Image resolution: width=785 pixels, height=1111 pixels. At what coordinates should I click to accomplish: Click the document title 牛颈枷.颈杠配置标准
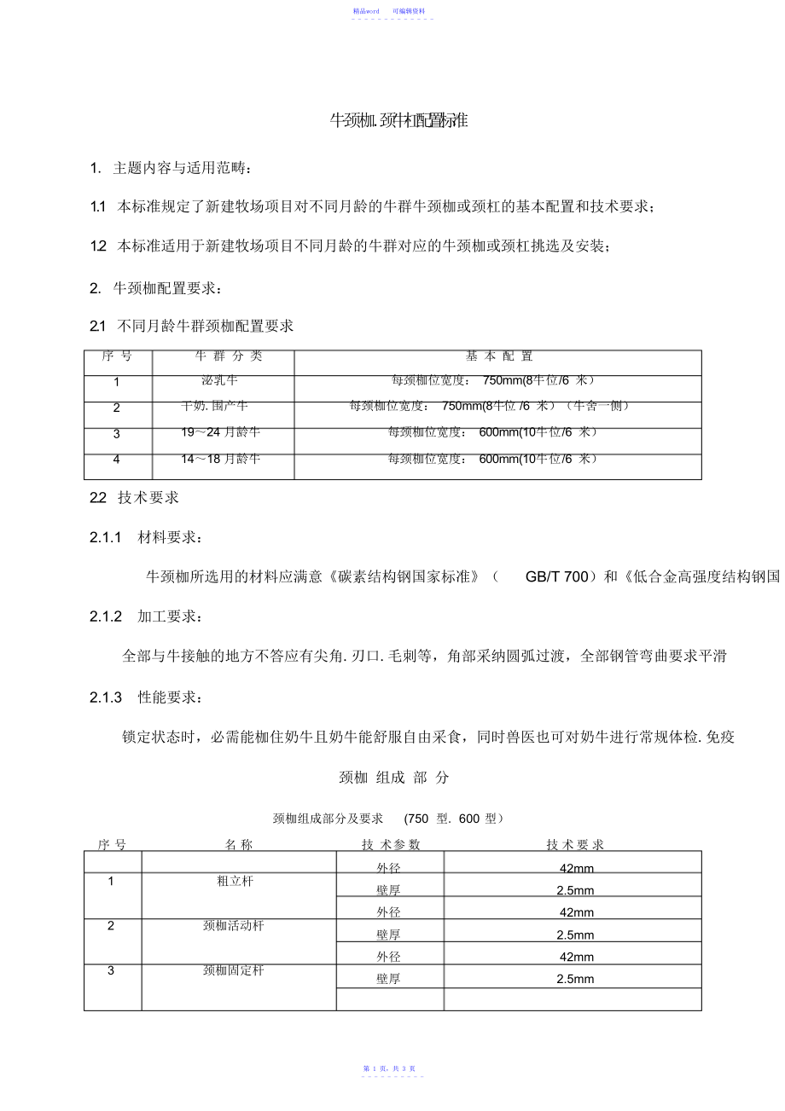398,121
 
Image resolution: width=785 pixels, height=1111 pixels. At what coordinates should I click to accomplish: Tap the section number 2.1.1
107,537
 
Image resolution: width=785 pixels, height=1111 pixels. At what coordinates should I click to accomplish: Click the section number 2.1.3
107,697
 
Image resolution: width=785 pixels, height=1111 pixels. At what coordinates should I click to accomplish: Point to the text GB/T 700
556,577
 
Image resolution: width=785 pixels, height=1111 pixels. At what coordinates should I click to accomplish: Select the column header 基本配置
498,356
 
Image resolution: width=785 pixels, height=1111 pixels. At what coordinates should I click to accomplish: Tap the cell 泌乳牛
219,380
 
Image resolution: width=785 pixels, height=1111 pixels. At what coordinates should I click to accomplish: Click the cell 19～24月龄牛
220,432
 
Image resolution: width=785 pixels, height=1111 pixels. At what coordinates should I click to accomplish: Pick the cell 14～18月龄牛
220,459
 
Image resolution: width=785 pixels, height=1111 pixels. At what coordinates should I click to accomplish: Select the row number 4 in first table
117,460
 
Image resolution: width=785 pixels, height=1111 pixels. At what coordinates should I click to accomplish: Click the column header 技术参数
391,844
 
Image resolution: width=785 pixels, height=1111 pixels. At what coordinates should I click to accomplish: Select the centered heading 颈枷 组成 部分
393,778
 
